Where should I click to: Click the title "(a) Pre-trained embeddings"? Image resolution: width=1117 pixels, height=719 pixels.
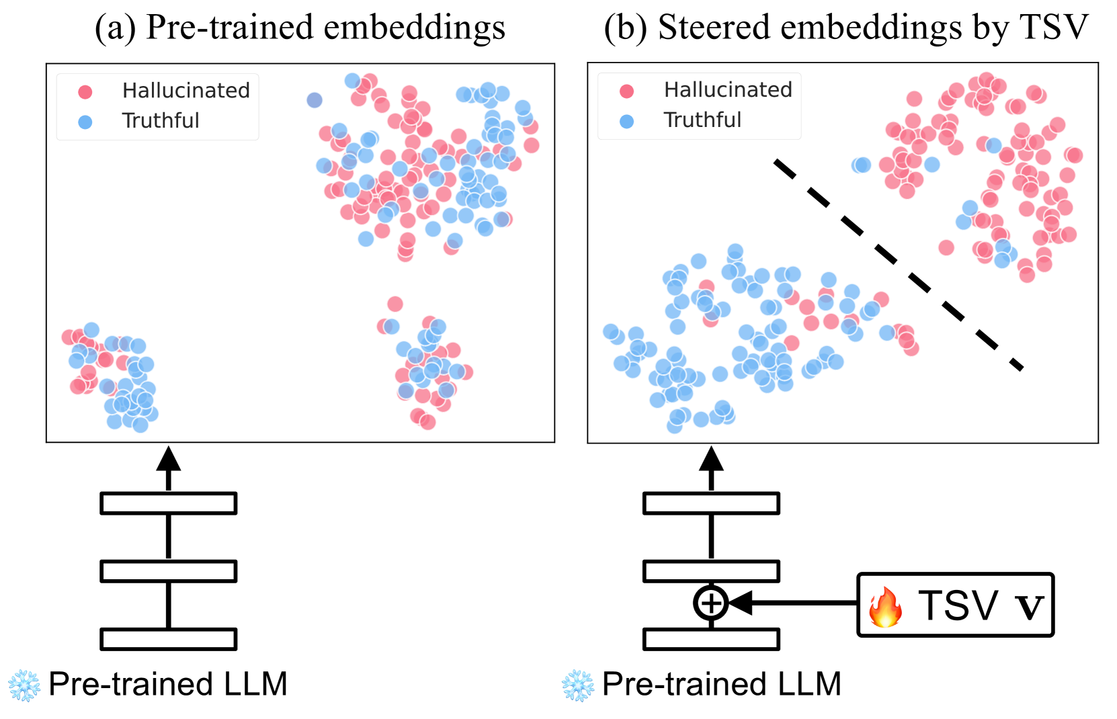tap(300, 28)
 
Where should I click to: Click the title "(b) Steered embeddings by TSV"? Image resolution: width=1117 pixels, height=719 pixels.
tap(845, 28)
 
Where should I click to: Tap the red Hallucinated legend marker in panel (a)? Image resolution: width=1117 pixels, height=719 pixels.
tap(85, 91)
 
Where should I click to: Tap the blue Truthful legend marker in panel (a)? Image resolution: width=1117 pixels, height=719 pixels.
tap(85, 122)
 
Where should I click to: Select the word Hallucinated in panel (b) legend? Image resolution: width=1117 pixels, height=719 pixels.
tap(728, 89)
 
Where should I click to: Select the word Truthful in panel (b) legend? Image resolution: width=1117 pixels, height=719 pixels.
tap(702, 120)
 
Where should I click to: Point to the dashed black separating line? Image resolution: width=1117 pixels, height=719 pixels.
tap(897, 263)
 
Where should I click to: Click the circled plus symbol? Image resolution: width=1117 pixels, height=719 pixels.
tap(710, 602)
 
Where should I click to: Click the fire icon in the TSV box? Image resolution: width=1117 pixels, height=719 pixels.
tap(885, 607)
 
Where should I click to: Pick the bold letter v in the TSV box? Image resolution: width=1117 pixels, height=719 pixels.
tap(1028, 606)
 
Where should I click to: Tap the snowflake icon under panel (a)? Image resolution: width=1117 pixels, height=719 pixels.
tap(24, 685)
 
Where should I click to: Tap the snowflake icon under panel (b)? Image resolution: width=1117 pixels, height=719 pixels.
tap(578, 685)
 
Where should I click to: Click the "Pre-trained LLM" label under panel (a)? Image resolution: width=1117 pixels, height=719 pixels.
tap(168, 684)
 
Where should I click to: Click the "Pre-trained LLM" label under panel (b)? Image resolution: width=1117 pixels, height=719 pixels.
tap(722, 684)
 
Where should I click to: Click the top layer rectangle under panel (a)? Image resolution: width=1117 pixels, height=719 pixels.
tap(168, 503)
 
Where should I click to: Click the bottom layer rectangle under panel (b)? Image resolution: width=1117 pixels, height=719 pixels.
tap(711, 639)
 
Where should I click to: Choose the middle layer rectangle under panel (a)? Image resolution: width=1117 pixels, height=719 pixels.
tap(168, 571)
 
